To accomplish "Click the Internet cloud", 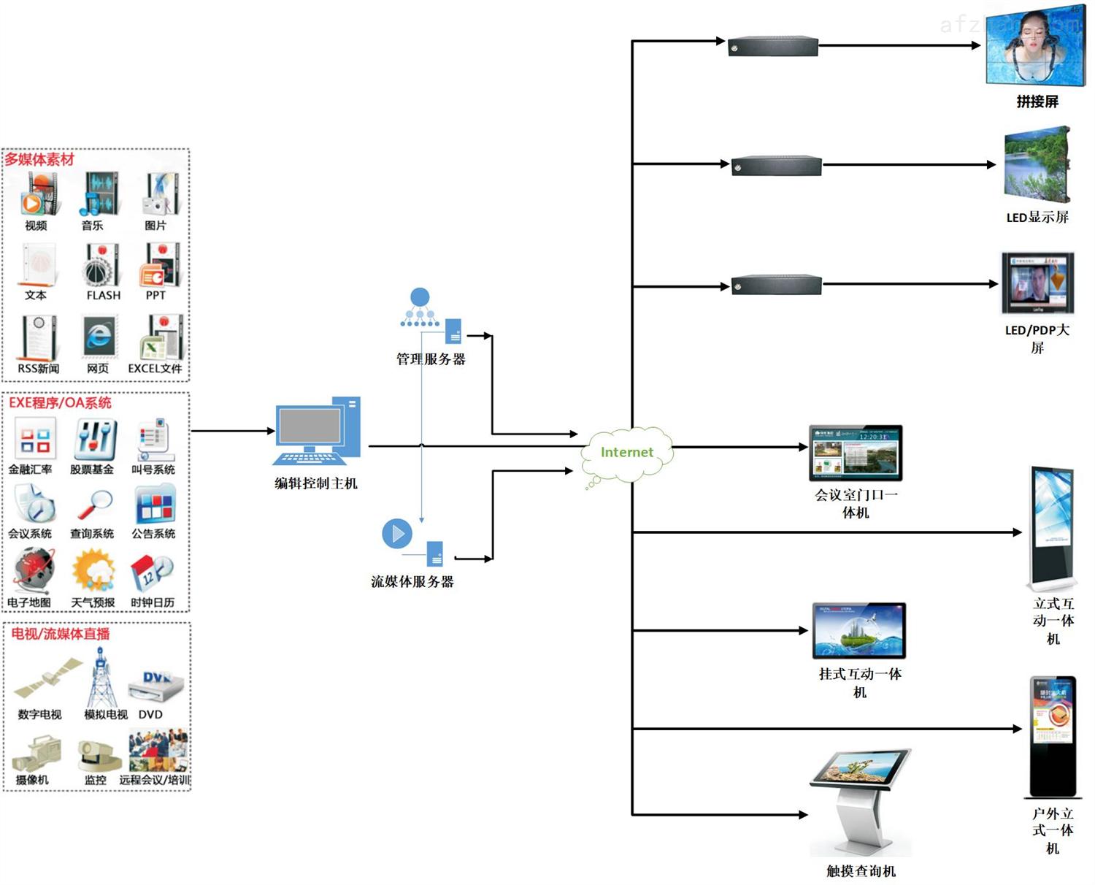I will coord(626,453).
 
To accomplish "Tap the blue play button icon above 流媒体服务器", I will coord(397,534).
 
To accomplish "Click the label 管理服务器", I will coord(431,359).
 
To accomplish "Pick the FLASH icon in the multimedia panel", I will coord(102,267).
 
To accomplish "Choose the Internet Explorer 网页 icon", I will coord(99,337).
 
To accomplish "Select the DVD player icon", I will coord(155,685).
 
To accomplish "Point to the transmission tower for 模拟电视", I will coord(101,679).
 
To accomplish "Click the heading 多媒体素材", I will coord(39,159).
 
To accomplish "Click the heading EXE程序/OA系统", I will coord(60,403).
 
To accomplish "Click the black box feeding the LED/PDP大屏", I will coord(777,285).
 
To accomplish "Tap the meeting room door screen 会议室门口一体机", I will coord(856,453).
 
